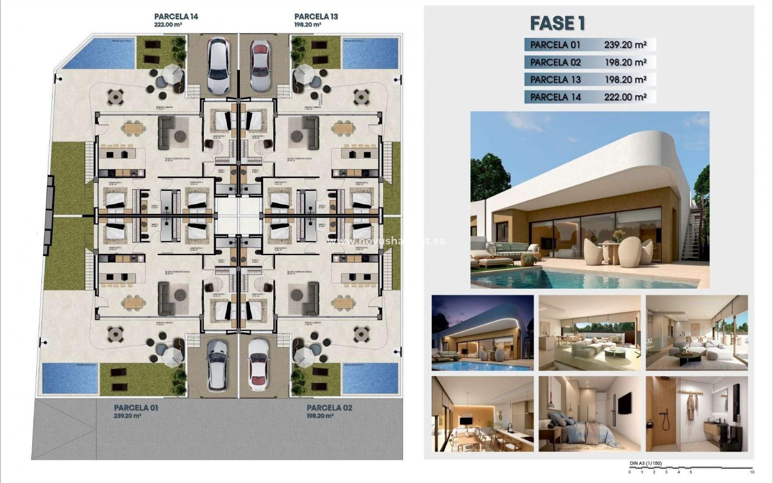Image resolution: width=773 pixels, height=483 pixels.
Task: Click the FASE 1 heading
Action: pos(557,23)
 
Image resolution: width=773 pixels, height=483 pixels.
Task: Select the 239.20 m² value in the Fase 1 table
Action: pos(625,45)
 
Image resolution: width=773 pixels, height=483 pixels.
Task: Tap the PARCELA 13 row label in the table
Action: pos(555,79)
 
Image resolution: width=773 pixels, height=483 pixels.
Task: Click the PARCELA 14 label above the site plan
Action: pos(176,17)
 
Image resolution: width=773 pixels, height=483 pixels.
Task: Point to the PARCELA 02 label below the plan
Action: pos(329,408)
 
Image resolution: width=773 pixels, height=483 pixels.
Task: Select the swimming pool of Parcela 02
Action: pos(370,378)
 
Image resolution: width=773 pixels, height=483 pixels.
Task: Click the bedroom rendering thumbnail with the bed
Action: pos(589,414)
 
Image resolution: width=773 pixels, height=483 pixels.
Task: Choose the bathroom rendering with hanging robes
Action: pos(697,414)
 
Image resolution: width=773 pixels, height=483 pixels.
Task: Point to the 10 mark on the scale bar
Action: pos(752,472)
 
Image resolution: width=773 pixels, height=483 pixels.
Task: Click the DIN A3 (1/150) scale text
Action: pos(645,464)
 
